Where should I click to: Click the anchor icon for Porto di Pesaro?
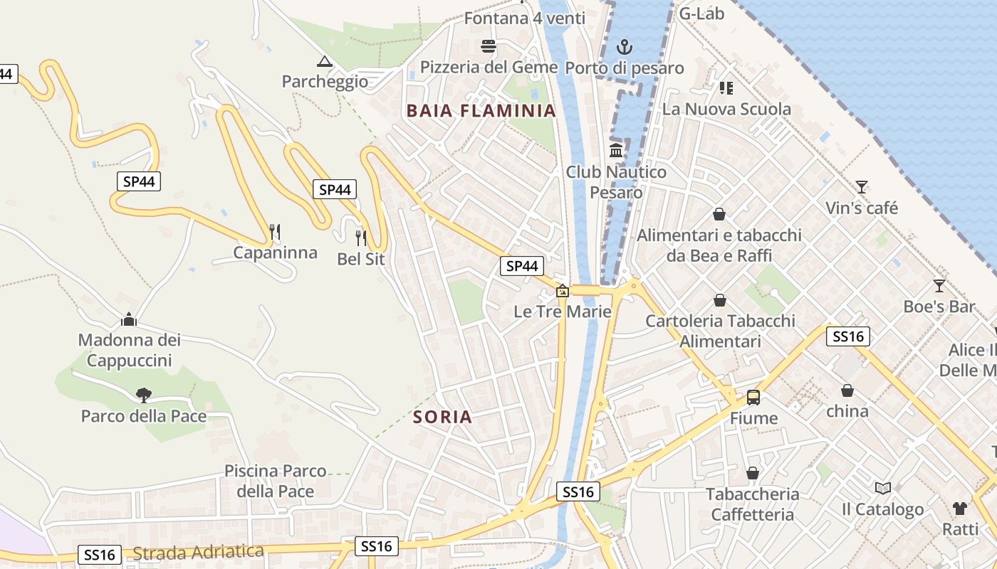point(624,48)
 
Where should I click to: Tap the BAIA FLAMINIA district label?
point(481,110)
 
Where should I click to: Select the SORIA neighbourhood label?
point(442,417)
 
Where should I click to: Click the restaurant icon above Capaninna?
point(275,232)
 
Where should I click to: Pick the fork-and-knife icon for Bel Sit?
point(361,238)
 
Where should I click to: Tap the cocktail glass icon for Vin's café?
point(862,187)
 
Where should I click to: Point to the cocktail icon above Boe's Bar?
point(939,286)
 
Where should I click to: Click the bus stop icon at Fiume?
point(753,398)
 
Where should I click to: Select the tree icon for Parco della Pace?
point(144,395)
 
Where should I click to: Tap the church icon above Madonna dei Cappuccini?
point(129,319)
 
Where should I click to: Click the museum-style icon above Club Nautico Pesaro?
point(617,151)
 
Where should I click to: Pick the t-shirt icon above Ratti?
point(960,509)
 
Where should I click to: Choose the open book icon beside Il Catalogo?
point(883,489)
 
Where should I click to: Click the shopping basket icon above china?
point(847,390)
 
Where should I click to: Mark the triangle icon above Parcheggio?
point(325,61)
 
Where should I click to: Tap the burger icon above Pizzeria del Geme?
point(489,46)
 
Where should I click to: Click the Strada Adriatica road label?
point(198,552)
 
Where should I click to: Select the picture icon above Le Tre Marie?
point(563,291)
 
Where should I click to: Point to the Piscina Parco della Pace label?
point(275,481)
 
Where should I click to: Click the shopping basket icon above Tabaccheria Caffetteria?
point(753,473)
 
